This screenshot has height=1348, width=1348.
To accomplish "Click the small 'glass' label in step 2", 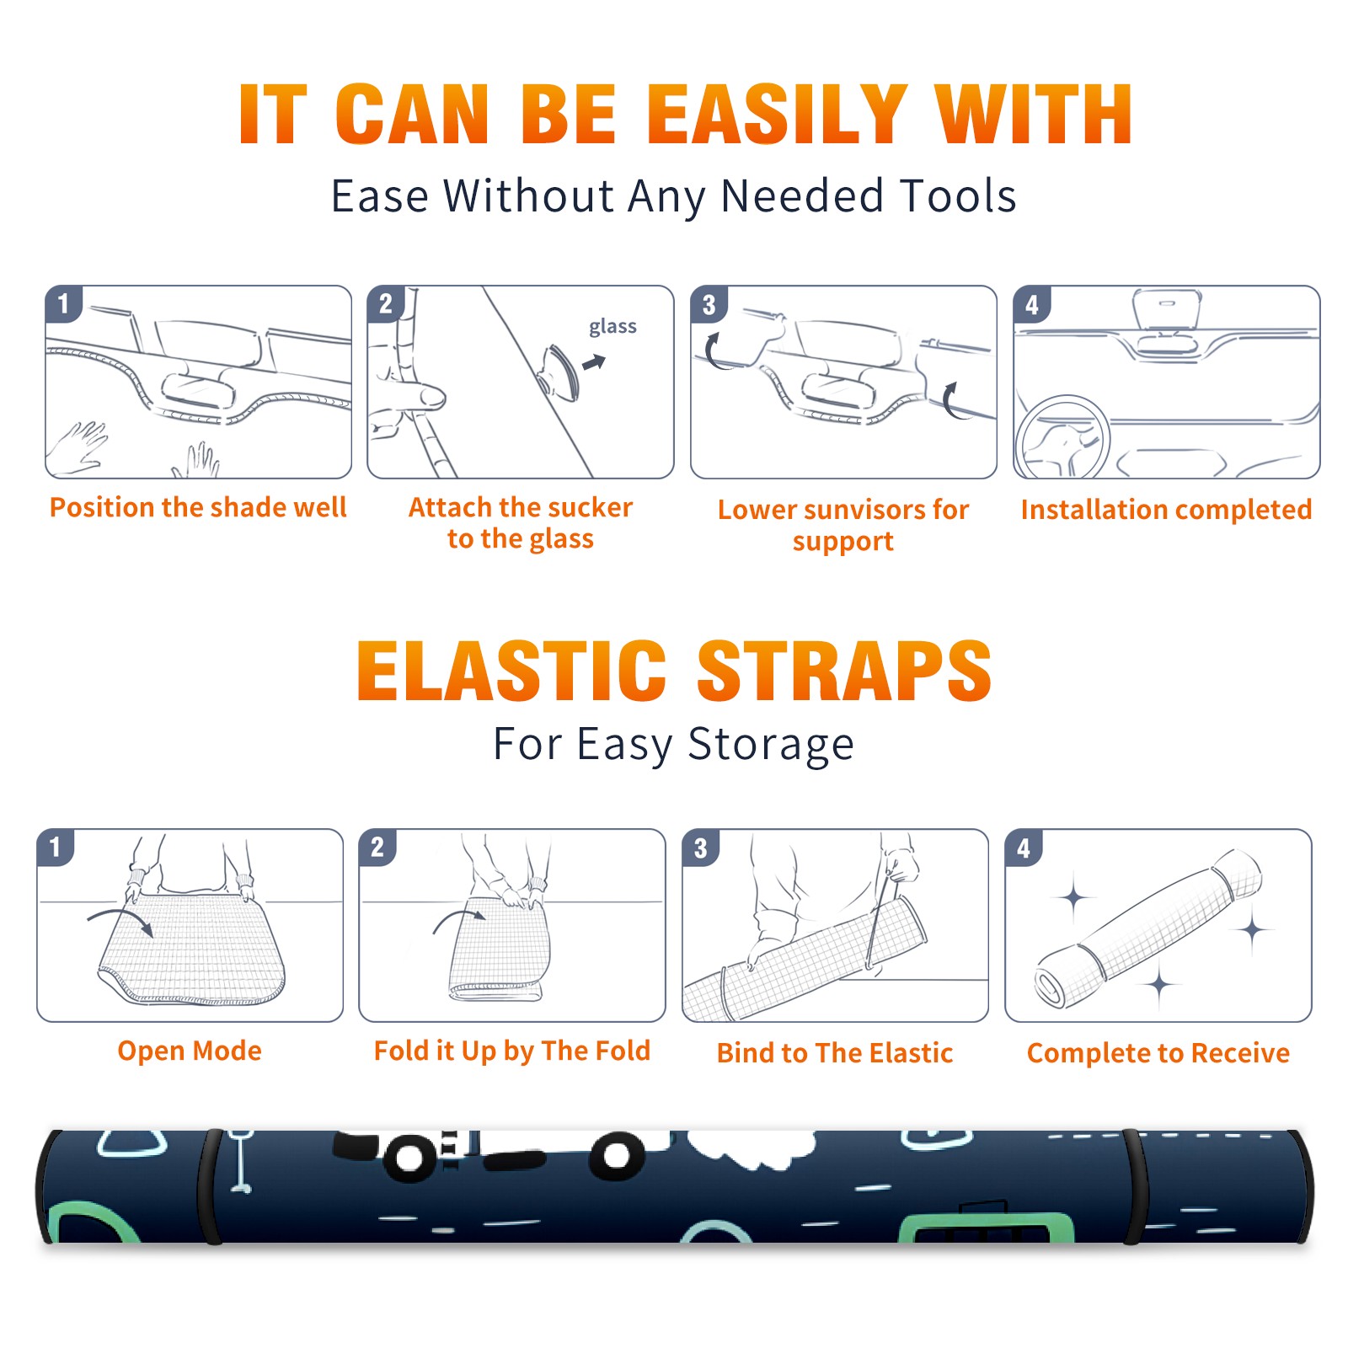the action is [x=612, y=327].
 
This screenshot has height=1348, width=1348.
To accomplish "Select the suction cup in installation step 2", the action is [x=559, y=372].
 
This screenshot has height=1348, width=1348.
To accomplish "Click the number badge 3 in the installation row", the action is [x=709, y=304].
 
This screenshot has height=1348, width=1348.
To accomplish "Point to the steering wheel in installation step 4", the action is [x=1062, y=438].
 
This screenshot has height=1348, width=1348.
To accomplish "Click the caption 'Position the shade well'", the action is [x=198, y=507].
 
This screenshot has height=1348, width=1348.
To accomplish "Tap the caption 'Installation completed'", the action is [x=1166, y=509].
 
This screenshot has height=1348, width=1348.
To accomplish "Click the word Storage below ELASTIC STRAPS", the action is [x=771, y=745].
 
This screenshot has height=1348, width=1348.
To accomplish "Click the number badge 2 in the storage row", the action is [x=377, y=848].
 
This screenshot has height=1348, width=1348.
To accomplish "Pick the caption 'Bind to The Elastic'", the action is [x=835, y=1053].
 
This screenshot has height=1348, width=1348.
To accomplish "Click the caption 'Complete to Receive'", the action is [x=1158, y=1053].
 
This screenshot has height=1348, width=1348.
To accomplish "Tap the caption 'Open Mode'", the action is [x=190, y=1051].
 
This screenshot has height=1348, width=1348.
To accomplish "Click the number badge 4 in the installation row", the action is [x=1031, y=304].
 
